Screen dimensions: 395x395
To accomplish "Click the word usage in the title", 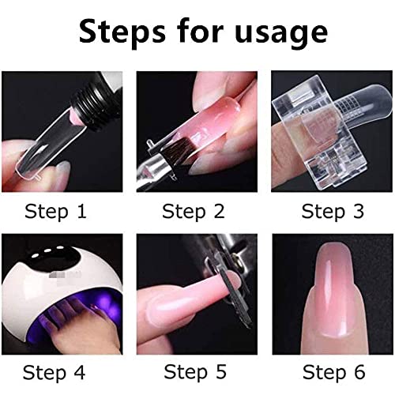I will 274,33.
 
